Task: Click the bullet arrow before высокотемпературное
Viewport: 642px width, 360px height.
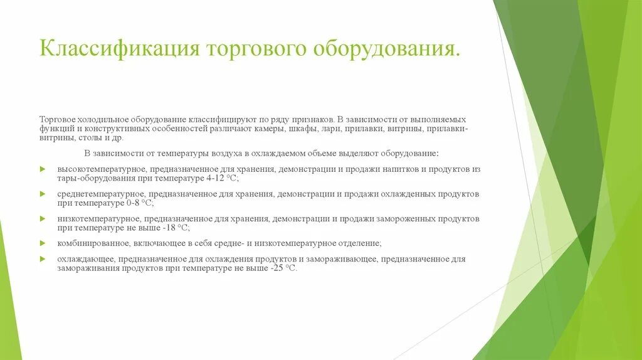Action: click(x=43, y=169)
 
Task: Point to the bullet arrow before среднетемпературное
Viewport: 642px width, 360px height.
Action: click(x=43, y=194)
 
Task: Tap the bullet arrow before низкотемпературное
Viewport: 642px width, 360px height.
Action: click(x=43, y=218)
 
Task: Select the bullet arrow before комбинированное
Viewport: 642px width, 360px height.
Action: click(x=43, y=243)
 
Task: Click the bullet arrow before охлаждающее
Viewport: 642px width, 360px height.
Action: click(x=43, y=258)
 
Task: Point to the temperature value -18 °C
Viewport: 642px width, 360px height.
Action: click(x=172, y=227)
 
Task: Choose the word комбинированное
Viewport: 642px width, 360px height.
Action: click(x=93, y=243)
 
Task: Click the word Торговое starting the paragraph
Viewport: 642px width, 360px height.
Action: click(x=58, y=119)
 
